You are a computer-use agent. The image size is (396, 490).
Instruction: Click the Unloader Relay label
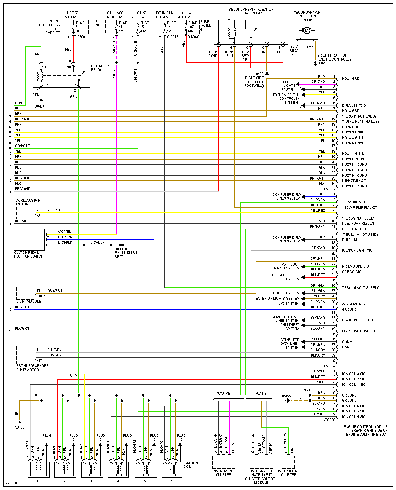point(100,68)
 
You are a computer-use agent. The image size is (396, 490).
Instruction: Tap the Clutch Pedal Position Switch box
point(29,239)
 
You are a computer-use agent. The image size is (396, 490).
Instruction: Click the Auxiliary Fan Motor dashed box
point(25,213)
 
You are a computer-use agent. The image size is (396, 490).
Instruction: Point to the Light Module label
point(29,302)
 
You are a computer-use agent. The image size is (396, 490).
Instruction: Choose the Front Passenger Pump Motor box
point(25,355)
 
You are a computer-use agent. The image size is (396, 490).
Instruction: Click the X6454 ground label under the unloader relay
point(40,106)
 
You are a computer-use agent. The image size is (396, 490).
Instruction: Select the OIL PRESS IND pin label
point(354,229)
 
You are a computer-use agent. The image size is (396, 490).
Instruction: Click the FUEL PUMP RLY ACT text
point(358,223)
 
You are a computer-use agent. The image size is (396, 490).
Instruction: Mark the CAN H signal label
point(347,341)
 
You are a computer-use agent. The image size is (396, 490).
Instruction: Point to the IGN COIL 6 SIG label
point(353,406)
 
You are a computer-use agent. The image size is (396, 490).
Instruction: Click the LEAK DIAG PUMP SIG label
point(359,331)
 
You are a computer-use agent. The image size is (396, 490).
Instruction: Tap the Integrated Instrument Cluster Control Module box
point(261,462)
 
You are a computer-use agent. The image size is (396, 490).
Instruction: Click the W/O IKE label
point(224,394)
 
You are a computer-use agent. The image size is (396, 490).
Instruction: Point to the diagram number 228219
point(11,483)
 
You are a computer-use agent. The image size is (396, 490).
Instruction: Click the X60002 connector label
point(329,189)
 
